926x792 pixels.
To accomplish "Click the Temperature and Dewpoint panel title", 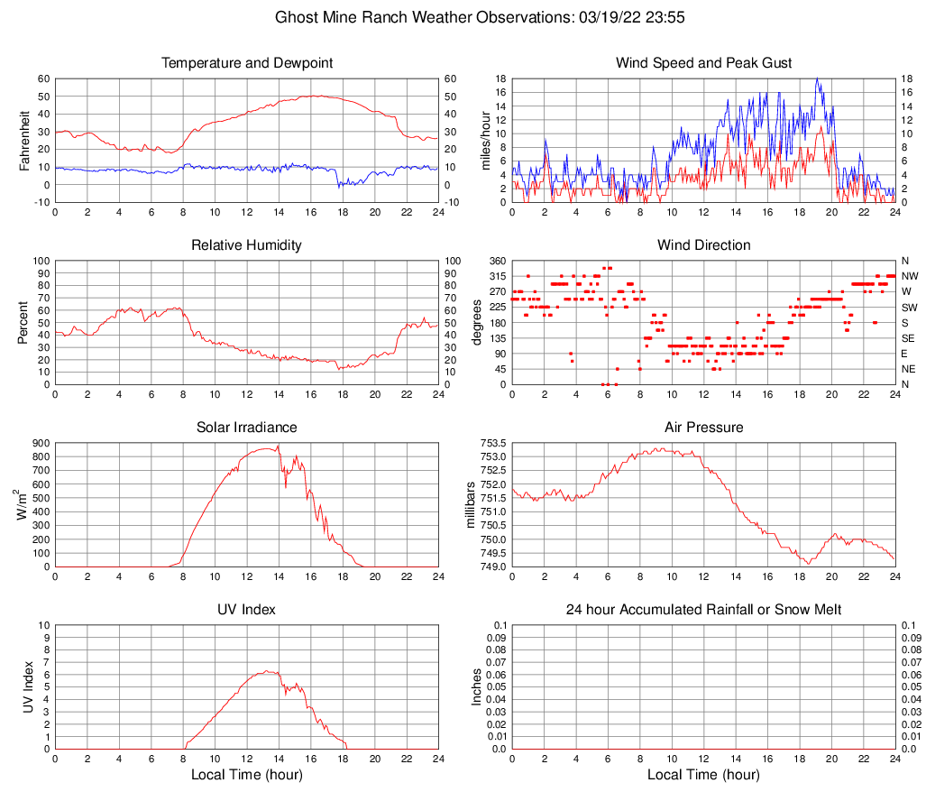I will tap(246, 63).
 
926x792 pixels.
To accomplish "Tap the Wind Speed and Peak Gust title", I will tap(703, 63).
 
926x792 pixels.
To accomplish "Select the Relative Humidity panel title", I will tap(246, 245).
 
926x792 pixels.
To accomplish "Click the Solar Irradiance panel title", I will tap(246, 427).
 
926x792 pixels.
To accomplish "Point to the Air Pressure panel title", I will tap(703, 427).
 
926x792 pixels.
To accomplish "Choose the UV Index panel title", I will tap(246, 610).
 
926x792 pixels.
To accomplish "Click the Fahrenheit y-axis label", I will tap(24, 140).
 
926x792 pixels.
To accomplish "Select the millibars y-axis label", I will tap(470, 505).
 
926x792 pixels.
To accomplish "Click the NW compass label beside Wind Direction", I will tap(909, 276).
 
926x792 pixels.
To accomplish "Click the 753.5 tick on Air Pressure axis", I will tap(492, 443).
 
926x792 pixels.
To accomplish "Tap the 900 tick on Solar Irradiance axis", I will tap(40, 443).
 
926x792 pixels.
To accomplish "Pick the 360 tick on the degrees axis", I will tap(497, 261).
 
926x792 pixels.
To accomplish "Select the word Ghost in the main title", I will tap(295, 17).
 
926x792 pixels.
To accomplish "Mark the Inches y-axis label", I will tap(477, 686).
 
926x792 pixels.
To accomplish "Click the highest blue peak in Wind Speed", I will tap(817, 79).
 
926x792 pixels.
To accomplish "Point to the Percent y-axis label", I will tap(24, 322).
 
